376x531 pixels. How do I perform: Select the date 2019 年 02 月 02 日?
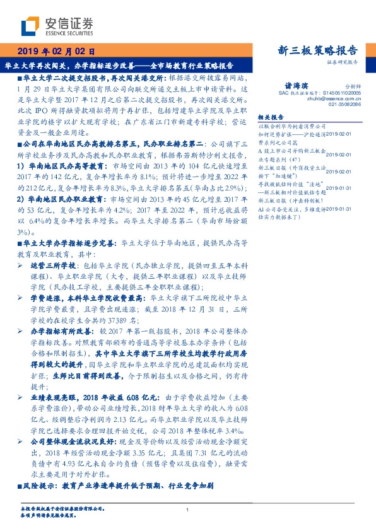(56, 50)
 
